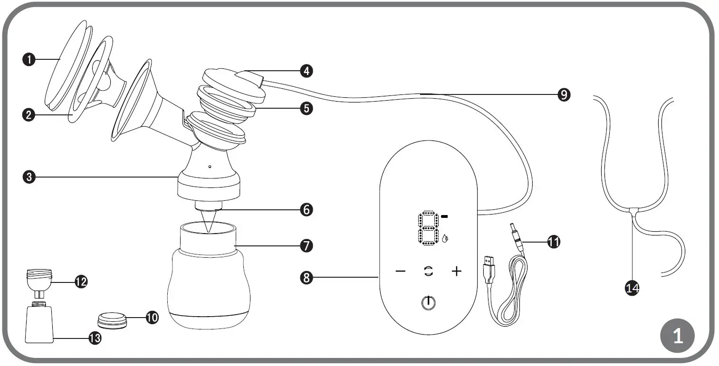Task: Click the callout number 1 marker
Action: click(29, 60)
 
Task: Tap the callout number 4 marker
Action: click(306, 71)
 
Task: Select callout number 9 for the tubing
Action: click(563, 95)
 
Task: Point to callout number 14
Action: click(633, 287)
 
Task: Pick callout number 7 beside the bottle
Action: click(306, 245)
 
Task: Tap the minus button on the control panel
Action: click(400, 272)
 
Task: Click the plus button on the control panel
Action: click(456, 272)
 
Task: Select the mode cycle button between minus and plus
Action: click(429, 272)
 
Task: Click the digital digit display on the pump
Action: click(428, 229)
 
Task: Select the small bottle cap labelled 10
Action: click(113, 321)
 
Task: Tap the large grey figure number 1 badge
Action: click(678, 337)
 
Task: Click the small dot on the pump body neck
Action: click(210, 167)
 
